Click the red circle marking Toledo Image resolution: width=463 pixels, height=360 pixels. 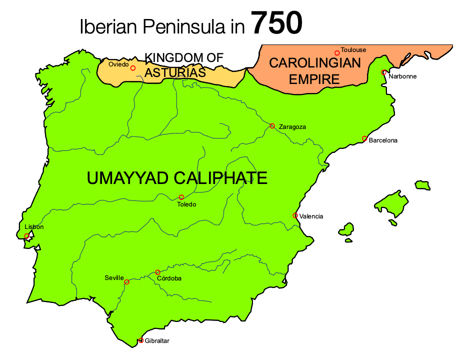181,197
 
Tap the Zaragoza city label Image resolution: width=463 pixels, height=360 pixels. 292,127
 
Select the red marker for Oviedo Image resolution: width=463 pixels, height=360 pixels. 133,68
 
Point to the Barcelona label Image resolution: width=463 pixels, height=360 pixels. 383,140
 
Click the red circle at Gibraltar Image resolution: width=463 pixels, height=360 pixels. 141,340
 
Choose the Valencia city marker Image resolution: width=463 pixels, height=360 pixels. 295,215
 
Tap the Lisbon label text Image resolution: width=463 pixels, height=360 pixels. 34,227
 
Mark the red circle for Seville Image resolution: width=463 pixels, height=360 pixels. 126,282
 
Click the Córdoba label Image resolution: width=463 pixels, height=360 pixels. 169,278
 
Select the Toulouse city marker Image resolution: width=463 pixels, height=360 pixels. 337,52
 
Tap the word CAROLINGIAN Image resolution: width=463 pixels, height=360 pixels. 315,63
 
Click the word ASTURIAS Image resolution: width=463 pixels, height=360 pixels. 175,73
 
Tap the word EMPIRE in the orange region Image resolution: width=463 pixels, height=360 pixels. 315,78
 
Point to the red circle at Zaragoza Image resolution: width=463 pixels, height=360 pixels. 272,126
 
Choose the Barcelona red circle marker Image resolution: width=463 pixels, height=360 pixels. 364,138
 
